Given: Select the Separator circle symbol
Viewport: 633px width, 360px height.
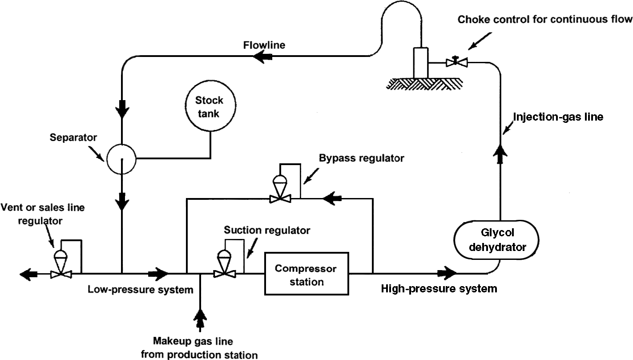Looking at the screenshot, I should pyautogui.click(x=121, y=158).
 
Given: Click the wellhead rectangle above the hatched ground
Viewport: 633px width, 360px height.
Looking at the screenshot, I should pyautogui.click(x=420, y=62).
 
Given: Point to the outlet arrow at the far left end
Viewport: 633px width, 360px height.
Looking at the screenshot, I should pyautogui.click(x=28, y=275).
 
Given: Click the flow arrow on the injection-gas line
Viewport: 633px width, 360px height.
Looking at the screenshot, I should pyautogui.click(x=502, y=157).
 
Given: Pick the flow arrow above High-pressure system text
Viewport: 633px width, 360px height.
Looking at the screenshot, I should pyautogui.click(x=446, y=273).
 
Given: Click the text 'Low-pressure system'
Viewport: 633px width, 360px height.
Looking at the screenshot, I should pyautogui.click(x=141, y=290).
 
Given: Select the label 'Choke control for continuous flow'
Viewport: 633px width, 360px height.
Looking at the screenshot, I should pyautogui.click(x=545, y=20).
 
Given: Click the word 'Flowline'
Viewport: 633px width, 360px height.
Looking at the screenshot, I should pyautogui.click(x=264, y=45).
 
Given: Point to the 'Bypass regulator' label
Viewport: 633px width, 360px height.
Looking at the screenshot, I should pyautogui.click(x=362, y=158).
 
